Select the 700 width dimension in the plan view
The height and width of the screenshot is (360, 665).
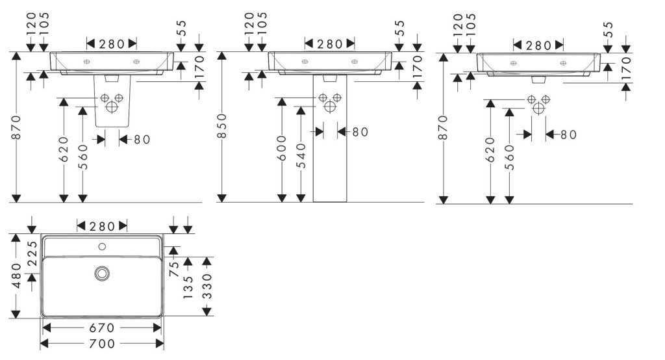(102, 343)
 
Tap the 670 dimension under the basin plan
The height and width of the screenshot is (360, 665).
(102, 328)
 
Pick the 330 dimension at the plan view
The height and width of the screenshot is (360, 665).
(207, 287)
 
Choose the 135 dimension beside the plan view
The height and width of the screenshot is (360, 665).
(188, 287)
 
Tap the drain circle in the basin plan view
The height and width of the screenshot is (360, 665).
(102, 274)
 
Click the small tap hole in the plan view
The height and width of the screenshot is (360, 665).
(102, 246)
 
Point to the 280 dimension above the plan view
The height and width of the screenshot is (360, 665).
(102, 225)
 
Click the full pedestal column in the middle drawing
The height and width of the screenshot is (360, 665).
(330, 156)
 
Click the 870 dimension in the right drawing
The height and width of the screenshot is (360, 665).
(443, 127)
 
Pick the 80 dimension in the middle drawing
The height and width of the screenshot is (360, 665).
(359, 132)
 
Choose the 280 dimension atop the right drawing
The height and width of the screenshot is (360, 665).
(538, 45)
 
